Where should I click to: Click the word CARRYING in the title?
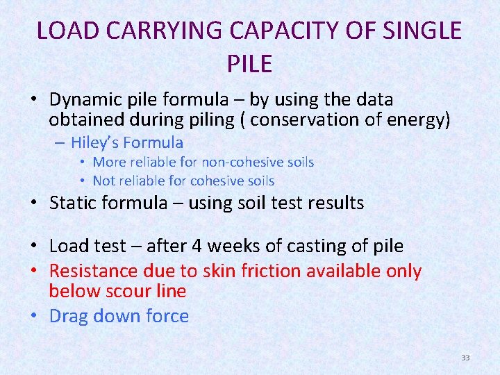click(x=156, y=31)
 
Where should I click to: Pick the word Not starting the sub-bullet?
click(x=105, y=181)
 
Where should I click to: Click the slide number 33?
click(x=465, y=358)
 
